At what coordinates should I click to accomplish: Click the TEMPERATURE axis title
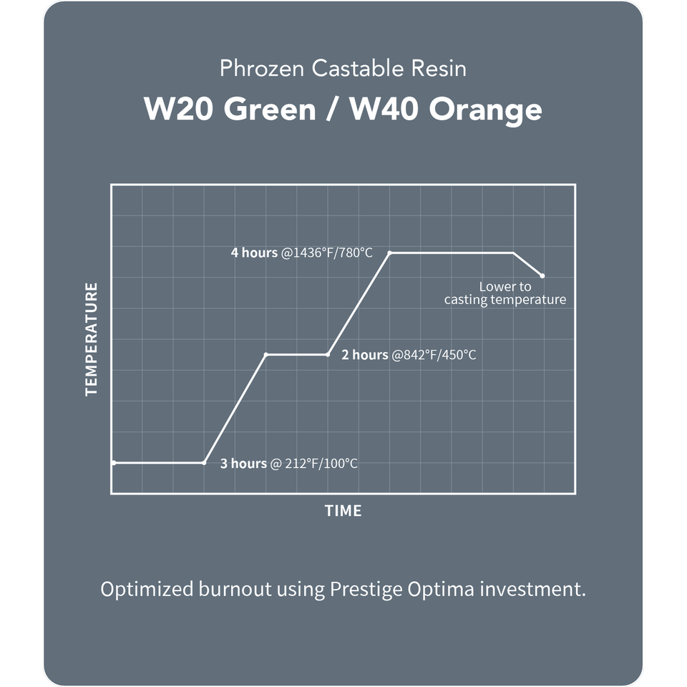pos(91,339)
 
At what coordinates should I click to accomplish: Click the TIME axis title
pos(343,511)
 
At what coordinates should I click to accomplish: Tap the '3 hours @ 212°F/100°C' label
pos(288,464)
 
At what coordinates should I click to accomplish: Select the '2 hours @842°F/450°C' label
pos(408,354)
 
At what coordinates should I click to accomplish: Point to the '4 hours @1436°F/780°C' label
pos(301,253)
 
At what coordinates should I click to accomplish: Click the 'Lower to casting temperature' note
pos(505,293)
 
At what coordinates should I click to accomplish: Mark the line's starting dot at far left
pos(114,463)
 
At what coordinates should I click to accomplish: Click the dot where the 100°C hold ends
pos(204,463)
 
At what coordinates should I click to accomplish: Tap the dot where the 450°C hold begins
pos(266,354)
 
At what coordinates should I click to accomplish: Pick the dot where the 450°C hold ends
pos(328,354)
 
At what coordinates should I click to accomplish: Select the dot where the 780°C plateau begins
pos(389,253)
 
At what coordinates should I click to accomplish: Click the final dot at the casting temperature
pos(542,276)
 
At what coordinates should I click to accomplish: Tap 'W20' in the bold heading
pos(177,109)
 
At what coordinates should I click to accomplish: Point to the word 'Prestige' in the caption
pos(364,590)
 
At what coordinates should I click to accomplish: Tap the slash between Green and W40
pos(332,109)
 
